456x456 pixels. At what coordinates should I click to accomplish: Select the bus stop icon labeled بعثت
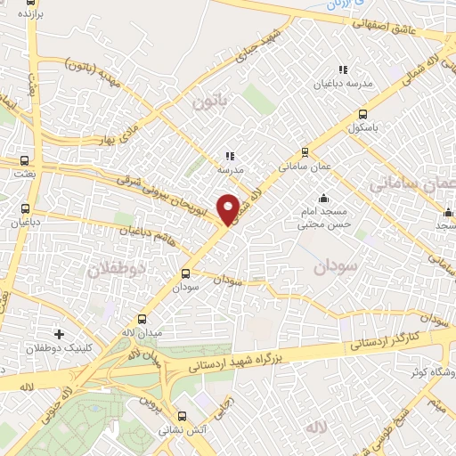(x=24, y=161)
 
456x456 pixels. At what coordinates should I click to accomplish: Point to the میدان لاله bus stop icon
(x=142, y=319)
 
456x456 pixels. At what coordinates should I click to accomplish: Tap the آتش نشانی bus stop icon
(x=182, y=416)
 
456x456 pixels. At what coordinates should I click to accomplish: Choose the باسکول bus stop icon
(x=362, y=114)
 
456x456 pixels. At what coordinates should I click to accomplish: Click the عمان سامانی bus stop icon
(x=305, y=151)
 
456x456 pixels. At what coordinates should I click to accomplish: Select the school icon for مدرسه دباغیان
(x=342, y=69)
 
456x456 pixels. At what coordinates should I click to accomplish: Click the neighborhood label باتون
(x=210, y=102)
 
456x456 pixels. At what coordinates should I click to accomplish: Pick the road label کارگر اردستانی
(x=390, y=339)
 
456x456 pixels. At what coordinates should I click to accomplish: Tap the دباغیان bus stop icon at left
(x=24, y=210)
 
